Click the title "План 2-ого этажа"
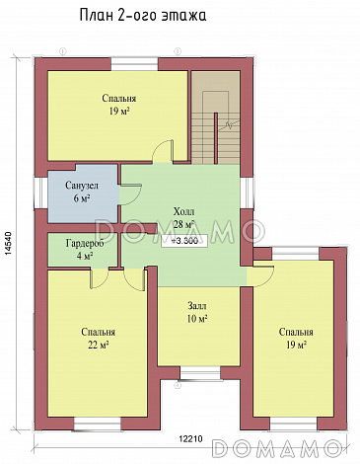point(143,16)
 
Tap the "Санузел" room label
point(82,186)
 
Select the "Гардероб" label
point(85,244)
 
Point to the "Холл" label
point(183,211)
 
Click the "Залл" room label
point(197,306)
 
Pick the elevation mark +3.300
point(184,241)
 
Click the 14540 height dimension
point(9,244)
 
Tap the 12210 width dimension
point(190,438)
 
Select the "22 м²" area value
point(99,345)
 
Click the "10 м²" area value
point(197,319)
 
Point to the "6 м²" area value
point(82,198)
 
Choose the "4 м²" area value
point(85,256)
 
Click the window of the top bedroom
point(134,64)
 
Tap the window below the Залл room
point(200,373)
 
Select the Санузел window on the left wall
point(41,193)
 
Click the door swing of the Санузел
point(130,194)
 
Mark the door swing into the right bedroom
point(260,276)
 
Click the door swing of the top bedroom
point(163,151)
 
